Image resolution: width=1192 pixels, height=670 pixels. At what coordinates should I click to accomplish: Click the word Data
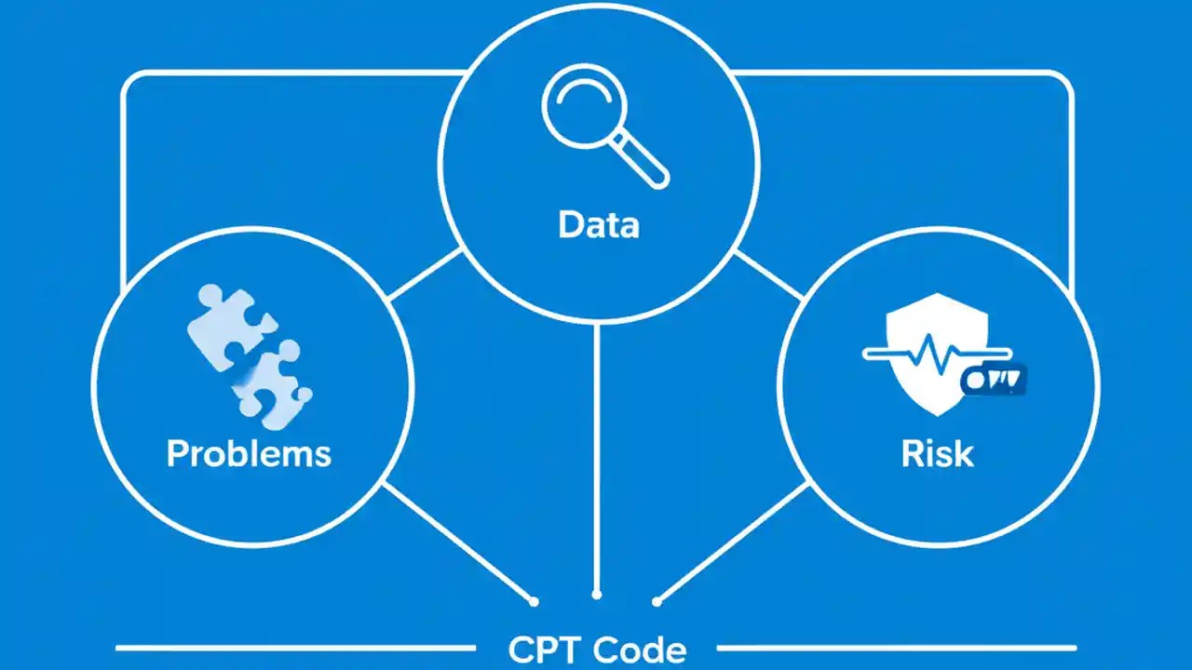click(x=598, y=224)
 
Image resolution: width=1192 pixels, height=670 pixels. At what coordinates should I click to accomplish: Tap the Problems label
click(x=249, y=453)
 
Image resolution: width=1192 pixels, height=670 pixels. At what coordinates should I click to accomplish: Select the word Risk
click(x=937, y=453)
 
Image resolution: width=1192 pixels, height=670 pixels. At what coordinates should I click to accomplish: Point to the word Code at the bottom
click(x=640, y=650)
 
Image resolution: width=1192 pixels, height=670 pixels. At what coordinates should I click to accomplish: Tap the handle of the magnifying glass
click(x=645, y=167)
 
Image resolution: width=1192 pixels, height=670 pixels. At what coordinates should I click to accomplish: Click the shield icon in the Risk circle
click(x=935, y=354)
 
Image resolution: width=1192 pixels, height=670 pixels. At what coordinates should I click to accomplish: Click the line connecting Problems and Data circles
click(x=425, y=275)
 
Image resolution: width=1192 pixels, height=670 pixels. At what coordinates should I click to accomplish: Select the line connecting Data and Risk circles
click(x=769, y=275)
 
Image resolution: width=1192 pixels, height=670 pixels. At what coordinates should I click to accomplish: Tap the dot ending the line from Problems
click(x=534, y=601)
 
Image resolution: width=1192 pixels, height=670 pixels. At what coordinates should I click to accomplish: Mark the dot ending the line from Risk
click(x=657, y=601)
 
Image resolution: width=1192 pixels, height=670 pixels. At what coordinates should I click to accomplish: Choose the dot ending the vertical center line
click(x=597, y=594)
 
